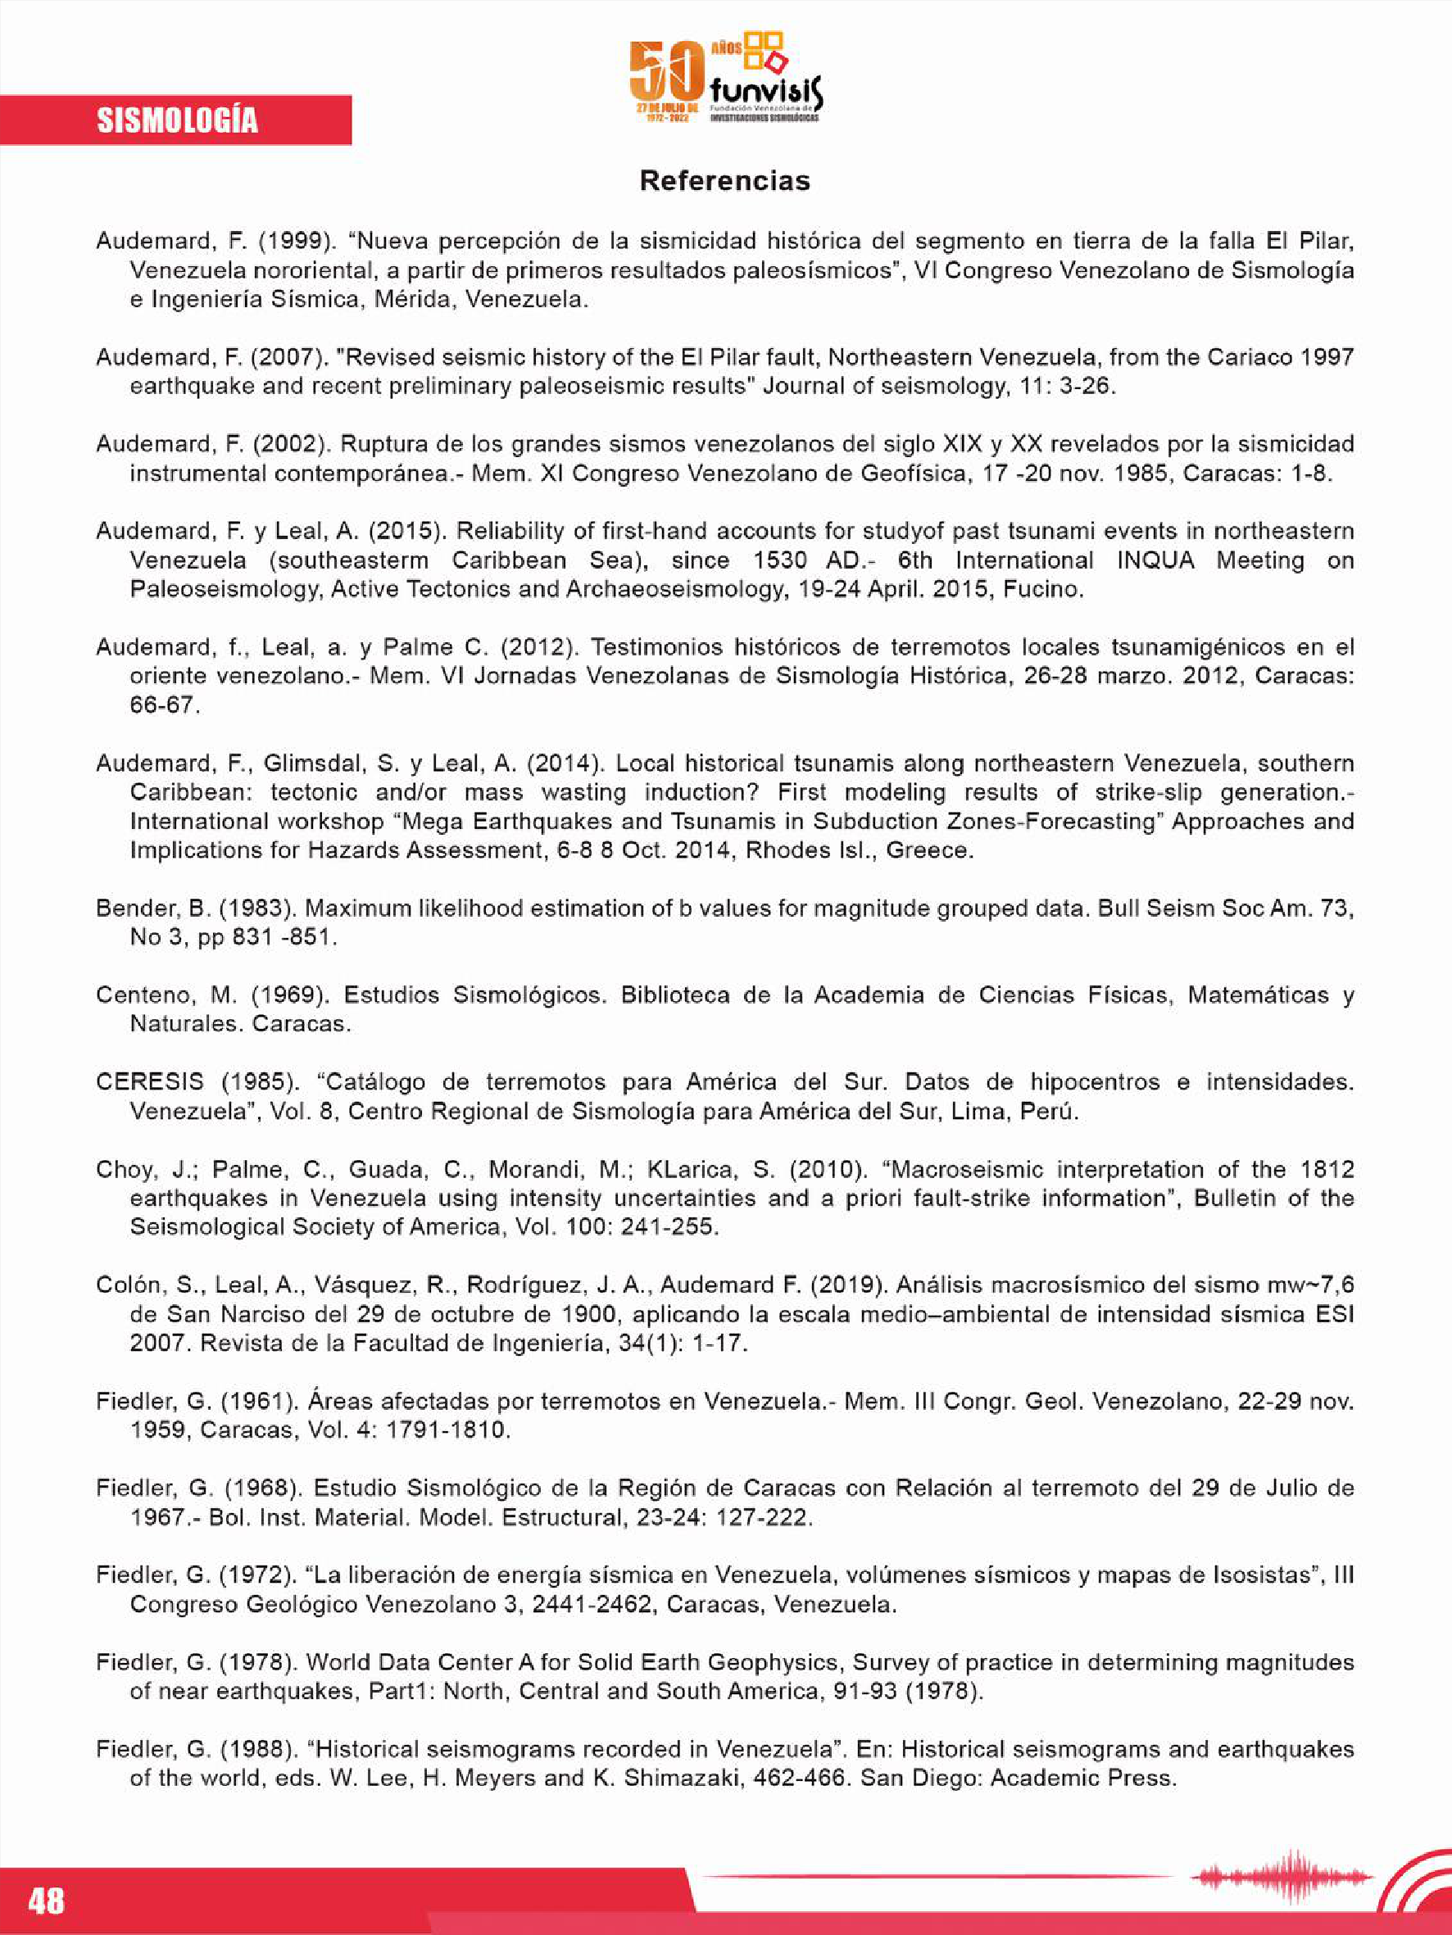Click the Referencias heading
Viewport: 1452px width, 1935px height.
click(x=724, y=181)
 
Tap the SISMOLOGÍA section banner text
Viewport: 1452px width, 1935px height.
click(x=177, y=120)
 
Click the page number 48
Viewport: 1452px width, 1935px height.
click(x=47, y=1901)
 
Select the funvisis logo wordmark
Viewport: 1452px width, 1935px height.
click(x=767, y=90)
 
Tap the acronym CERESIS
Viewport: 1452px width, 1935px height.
click(x=150, y=1082)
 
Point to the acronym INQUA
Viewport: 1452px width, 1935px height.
click(x=1155, y=560)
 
